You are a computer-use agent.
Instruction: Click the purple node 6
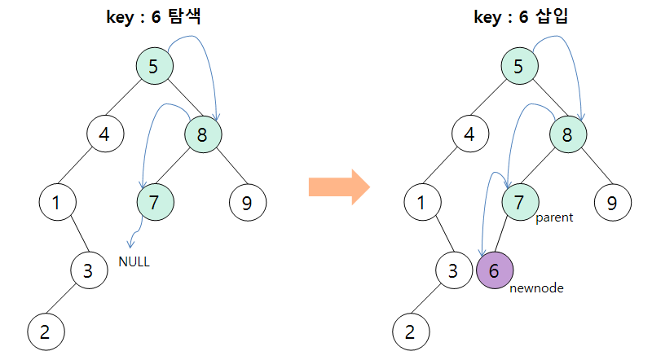pyautogui.click(x=495, y=271)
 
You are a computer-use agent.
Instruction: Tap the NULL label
pyautogui.click(x=134, y=262)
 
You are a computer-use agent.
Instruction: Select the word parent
pyautogui.click(x=554, y=217)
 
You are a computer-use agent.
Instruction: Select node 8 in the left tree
pyautogui.click(x=203, y=133)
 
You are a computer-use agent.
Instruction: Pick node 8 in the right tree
pyautogui.click(x=568, y=133)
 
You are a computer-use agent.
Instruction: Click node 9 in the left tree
pyautogui.click(x=247, y=202)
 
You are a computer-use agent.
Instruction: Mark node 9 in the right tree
pyautogui.click(x=612, y=202)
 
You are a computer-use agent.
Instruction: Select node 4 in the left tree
pyautogui.click(x=105, y=133)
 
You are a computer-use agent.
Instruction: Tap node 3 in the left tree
pyautogui.click(x=88, y=270)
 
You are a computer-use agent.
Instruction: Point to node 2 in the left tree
pyautogui.click(x=45, y=331)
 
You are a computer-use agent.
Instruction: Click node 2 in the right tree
pyautogui.click(x=410, y=331)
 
